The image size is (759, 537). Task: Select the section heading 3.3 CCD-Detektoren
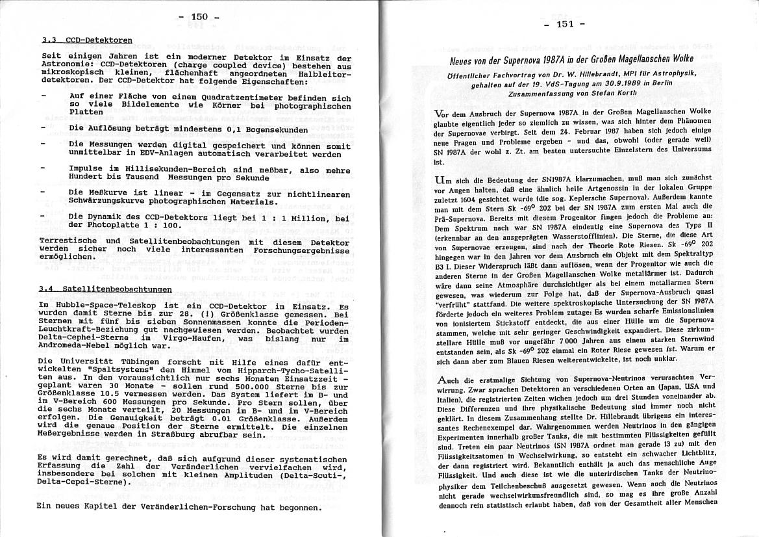86,40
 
